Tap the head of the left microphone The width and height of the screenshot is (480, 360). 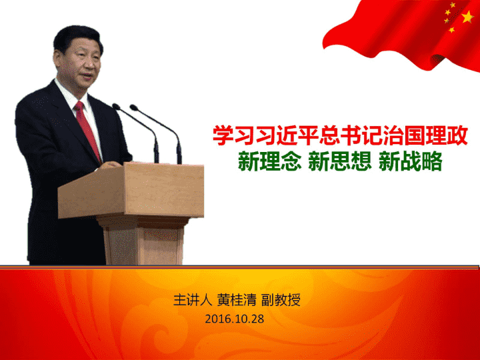[x=116, y=107]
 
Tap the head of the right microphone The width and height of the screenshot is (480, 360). [x=134, y=107]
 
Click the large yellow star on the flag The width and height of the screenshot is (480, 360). [x=467, y=17]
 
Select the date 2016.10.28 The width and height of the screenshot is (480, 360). [x=235, y=319]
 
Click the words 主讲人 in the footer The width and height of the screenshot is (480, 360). [x=193, y=300]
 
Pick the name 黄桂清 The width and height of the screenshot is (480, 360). [x=237, y=300]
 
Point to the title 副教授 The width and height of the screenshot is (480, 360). [x=281, y=300]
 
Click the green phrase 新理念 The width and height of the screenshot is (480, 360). [x=270, y=161]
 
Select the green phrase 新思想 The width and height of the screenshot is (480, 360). [x=340, y=161]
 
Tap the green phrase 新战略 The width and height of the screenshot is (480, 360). [x=411, y=161]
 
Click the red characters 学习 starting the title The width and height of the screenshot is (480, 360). [x=234, y=135]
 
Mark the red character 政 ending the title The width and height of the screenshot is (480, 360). [x=457, y=135]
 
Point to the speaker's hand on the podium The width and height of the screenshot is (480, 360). [x=109, y=165]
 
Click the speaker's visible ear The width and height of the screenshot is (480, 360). [x=57, y=58]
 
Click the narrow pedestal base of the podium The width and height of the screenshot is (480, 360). [x=143, y=240]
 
